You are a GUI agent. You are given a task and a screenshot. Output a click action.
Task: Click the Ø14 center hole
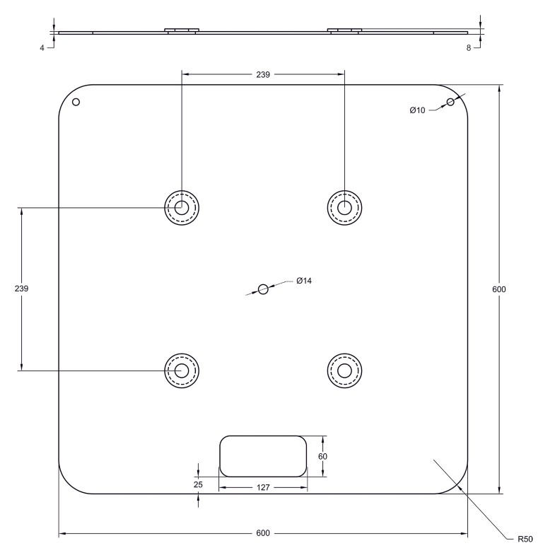pyautogui.click(x=263, y=289)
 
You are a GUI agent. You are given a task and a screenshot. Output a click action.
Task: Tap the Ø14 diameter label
pyautogui.click(x=304, y=281)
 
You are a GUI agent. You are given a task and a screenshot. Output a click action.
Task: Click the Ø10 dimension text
pyautogui.click(x=417, y=110)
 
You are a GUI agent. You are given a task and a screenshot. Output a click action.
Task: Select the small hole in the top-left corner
pyautogui.click(x=76, y=102)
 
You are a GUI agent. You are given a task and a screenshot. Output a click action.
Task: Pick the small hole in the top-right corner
pyautogui.click(x=450, y=102)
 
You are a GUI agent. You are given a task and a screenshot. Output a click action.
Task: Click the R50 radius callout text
pyautogui.click(x=525, y=539)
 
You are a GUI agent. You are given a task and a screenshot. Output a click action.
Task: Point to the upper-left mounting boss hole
pyautogui.click(x=182, y=208)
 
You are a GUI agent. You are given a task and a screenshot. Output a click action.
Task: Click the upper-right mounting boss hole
pyautogui.click(x=344, y=208)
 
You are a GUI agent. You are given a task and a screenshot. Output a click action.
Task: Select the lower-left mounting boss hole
pyautogui.click(x=182, y=371)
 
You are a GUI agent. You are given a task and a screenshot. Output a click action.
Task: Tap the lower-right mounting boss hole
pyautogui.click(x=344, y=371)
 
